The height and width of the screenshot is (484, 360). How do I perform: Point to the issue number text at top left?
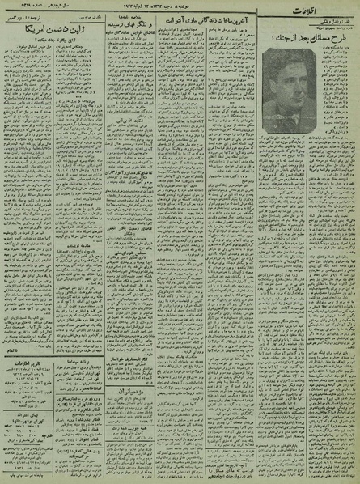coord(32,11)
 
